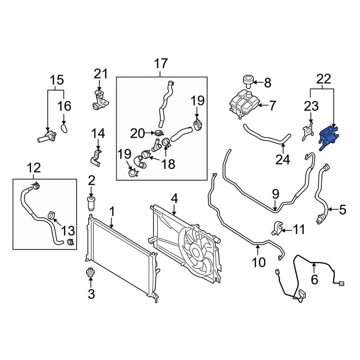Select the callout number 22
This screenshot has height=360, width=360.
pos(324,79)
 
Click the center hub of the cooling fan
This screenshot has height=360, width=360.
pos(196,249)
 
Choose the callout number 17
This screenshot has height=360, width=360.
pos(161,64)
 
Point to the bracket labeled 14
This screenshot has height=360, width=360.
pos(96,157)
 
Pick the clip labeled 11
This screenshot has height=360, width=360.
pos(277,228)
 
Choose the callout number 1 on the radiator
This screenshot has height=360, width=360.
pos(112,212)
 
